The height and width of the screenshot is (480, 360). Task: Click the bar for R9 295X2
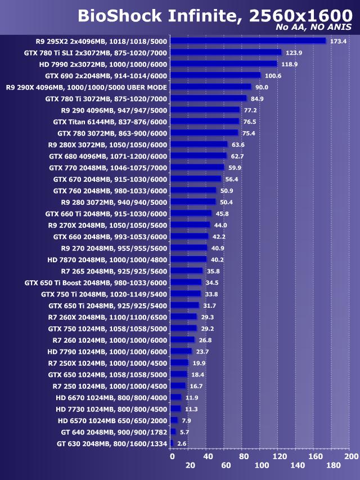pyautogui.click(x=248, y=41)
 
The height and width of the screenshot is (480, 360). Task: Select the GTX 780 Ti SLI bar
pyautogui.click(x=226, y=52)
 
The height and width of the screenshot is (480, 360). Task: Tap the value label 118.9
pyautogui.click(x=290, y=64)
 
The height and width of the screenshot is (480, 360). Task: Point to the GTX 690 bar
pyautogui.click(x=215, y=75)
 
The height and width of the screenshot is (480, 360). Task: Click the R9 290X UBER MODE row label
pyautogui.click(x=86, y=87)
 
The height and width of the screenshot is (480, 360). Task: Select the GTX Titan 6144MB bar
pyautogui.click(x=205, y=122)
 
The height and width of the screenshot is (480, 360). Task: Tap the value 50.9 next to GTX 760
pyautogui.click(x=227, y=191)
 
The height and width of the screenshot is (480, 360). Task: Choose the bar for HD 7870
pyautogui.click(x=188, y=259)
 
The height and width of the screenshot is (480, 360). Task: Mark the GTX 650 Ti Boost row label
pyautogui.click(x=96, y=282)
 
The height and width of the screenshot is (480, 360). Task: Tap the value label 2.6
pyautogui.click(x=182, y=443)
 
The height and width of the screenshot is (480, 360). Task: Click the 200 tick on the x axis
pyautogui.click(x=351, y=456)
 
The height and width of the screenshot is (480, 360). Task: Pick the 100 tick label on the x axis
pyautogui.click(x=262, y=465)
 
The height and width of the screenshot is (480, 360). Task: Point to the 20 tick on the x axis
pyautogui.click(x=190, y=465)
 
